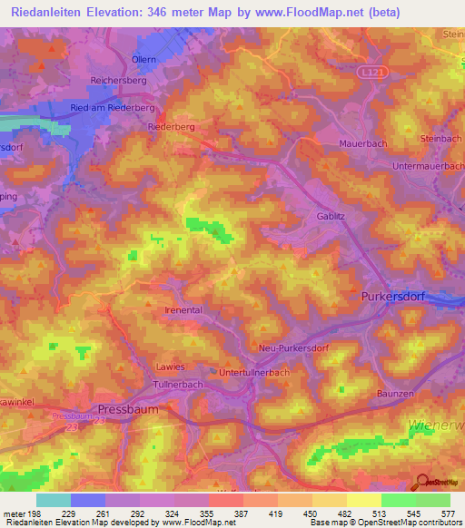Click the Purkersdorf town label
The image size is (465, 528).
coord(388,297)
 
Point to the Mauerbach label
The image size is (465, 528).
coord(362,143)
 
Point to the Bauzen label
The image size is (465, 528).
coord(395,393)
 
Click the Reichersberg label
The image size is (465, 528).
coord(119,81)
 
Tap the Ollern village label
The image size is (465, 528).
coord(144,59)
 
